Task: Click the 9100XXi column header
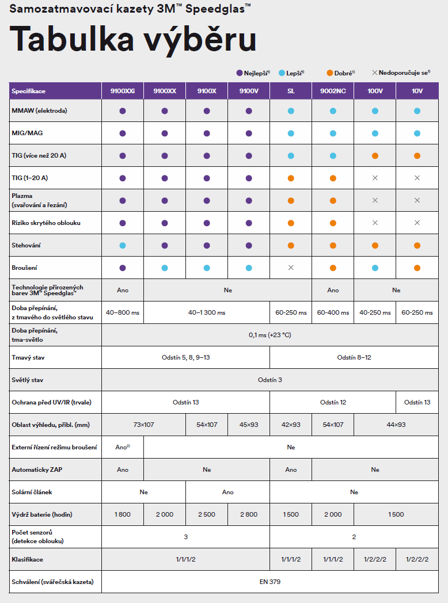(x=123, y=91)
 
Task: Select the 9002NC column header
(x=333, y=91)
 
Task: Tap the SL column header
(x=291, y=91)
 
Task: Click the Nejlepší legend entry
(x=253, y=72)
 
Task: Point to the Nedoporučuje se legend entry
(x=401, y=72)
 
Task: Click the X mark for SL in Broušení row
(x=291, y=268)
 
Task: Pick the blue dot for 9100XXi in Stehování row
(x=123, y=245)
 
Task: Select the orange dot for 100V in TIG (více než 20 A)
(x=375, y=156)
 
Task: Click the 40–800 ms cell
(x=123, y=312)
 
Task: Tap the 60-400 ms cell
(x=333, y=312)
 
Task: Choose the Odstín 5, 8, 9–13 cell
(x=186, y=358)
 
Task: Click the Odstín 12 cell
(x=333, y=402)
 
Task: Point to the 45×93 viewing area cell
(x=249, y=425)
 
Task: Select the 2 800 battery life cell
(x=249, y=514)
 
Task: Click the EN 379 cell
(x=270, y=582)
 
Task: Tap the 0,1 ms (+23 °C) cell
(x=270, y=335)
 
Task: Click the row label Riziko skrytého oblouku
(x=46, y=223)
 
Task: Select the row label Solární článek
(x=32, y=492)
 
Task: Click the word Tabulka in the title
(x=72, y=39)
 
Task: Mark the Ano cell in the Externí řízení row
(x=123, y=447)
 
